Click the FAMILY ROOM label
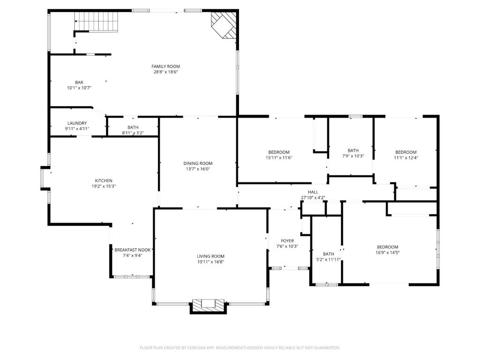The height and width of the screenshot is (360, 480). click(165, 67)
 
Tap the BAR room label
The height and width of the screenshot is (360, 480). click(79, 82)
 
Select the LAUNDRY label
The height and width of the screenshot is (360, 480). click(77, 123)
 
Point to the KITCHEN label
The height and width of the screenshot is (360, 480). click(104, 180)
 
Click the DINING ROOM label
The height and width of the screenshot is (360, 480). click(198, 164)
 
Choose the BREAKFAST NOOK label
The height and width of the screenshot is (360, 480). click(133, 250)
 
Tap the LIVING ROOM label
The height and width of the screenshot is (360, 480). click(210, 256)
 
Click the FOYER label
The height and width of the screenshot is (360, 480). click(287, 241)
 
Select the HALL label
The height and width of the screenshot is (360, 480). click(313, 192)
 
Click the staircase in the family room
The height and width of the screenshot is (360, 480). click(97, 22)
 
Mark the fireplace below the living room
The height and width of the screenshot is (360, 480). click(209, 306)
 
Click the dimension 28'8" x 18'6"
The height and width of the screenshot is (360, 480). click(165, 72)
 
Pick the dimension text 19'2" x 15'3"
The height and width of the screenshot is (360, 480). click(104, 186)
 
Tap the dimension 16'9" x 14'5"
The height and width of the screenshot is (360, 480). click(388, 253)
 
